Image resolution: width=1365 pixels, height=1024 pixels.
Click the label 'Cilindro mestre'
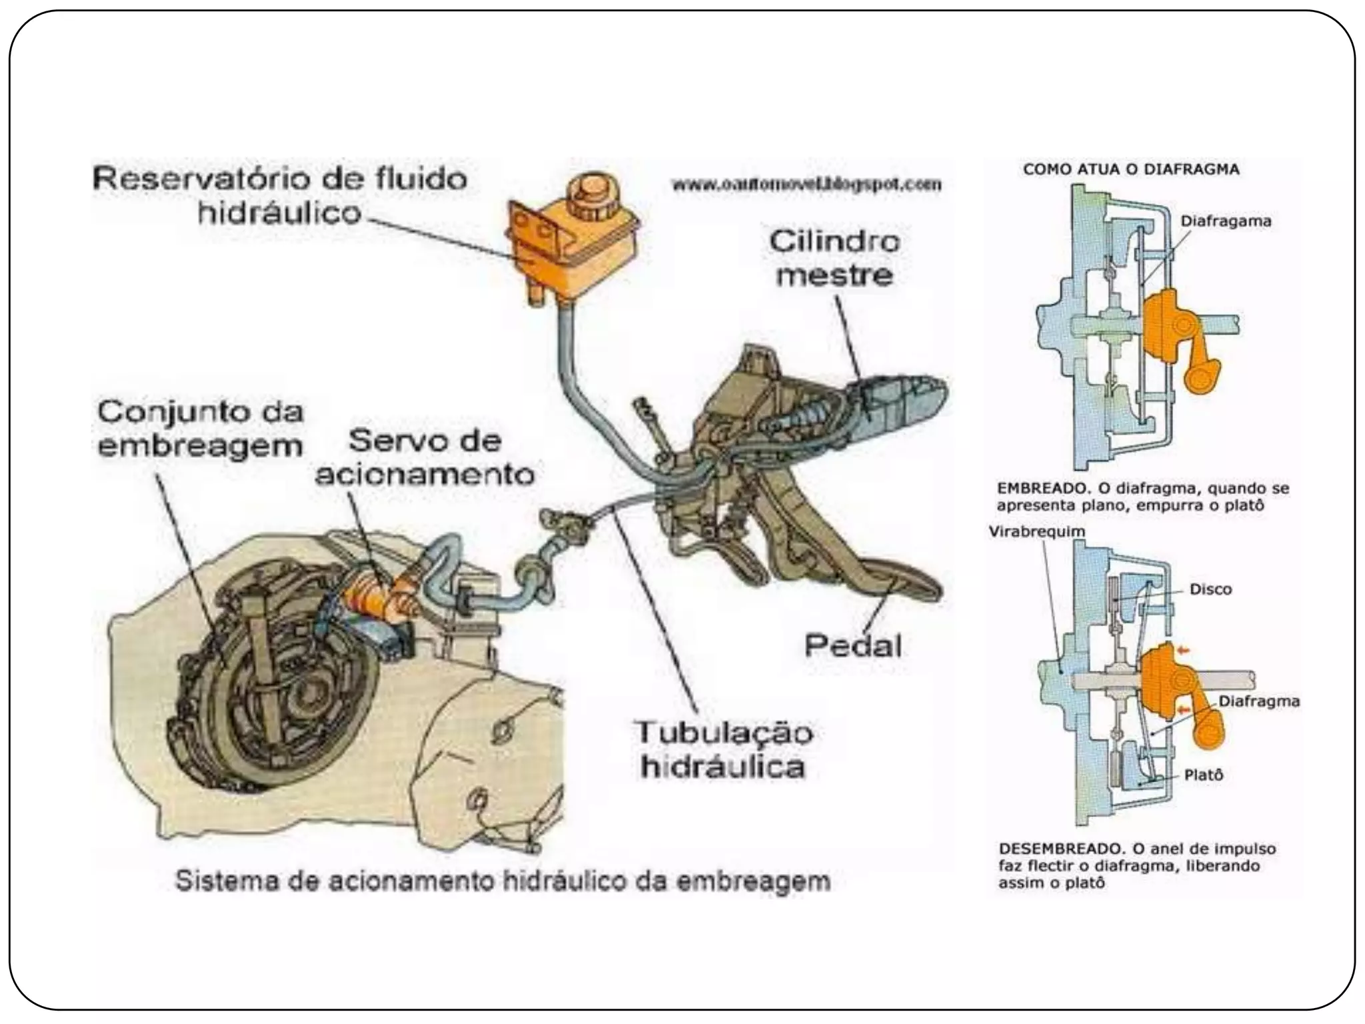(834, 258)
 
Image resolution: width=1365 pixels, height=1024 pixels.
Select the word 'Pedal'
(853, 645)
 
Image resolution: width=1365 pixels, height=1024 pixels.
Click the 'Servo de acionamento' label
(425, 457)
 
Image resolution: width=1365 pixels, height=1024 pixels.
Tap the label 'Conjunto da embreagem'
(200, 428)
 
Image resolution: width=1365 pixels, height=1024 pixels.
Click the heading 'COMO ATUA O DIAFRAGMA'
(1131, 170)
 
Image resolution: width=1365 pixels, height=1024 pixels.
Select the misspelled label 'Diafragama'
(1226, 221)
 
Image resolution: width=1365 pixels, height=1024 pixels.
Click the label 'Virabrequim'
(1037, 532)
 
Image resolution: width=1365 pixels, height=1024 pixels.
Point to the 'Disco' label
(1210, 589)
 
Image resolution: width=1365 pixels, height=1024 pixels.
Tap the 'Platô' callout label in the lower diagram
(1203, 775)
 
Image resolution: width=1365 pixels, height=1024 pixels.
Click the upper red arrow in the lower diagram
(1183, 650)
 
